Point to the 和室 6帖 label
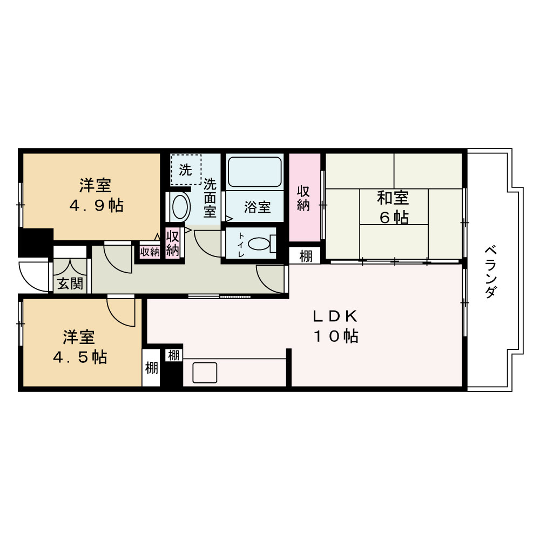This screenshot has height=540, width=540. (x=393, y=207)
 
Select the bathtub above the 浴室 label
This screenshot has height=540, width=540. (x=255, y=172)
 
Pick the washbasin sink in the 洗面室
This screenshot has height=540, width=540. (x=179, y=207)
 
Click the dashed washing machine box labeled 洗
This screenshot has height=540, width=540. (x=186, y=170)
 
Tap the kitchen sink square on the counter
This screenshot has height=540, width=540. (x=205, y=373)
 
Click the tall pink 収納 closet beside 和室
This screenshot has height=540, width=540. (x=305, y=198)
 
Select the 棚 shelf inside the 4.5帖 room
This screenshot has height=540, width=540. (x=151, y=368)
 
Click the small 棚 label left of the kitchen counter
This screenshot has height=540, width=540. (x=173, y=355)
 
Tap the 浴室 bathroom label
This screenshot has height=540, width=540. (x=257, y=207)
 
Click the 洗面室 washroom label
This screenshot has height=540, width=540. (x=210, y=198)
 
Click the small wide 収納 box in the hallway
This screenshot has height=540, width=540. (x=150, y=251)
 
